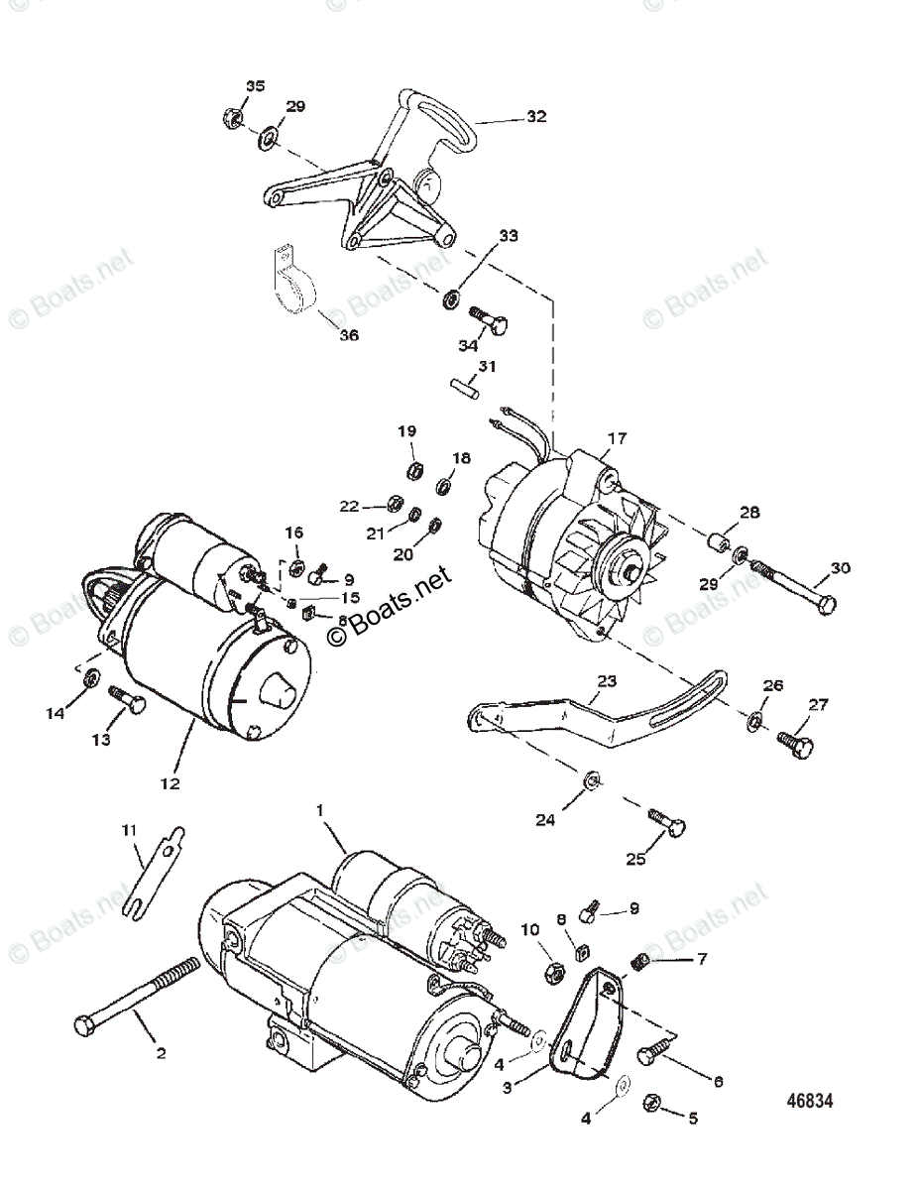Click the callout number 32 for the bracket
click(x=536, y=117)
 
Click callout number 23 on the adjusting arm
click(x=607, y=681)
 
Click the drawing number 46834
click(x=810, y=1101)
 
